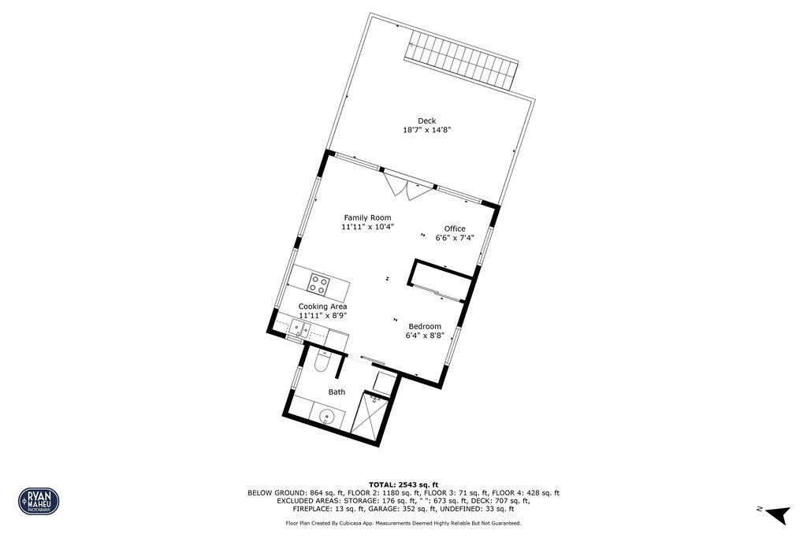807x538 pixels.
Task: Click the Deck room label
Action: (x=426, y=121)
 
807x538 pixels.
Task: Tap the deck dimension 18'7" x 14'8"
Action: (x=426, y=130)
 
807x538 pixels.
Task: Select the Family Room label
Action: (x=367, y=217)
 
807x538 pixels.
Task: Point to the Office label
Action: (x=455, y=228)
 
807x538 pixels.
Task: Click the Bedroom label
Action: (x=425, y=325)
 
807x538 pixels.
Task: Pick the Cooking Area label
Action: (x=322, y=306)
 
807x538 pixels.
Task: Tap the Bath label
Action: (x=337, y=391)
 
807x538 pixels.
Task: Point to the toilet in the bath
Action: (x=321, y=362)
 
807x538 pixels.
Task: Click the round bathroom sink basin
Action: (x=328, y=415)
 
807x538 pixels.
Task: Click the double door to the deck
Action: (x=409, y=187)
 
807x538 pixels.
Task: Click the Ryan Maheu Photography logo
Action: (x=39, y=500)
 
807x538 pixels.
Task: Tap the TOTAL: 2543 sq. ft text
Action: (x=403, y=484)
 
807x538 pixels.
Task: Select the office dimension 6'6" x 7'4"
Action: (x=455, y=238)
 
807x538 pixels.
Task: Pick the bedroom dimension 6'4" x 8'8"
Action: (x=425, y=335)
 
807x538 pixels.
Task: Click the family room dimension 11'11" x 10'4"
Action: (x=367, y=227)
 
